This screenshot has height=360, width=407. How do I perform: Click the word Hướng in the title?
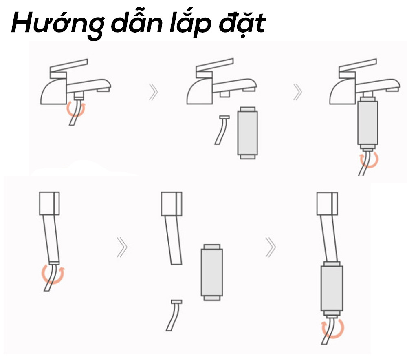click(57, 23)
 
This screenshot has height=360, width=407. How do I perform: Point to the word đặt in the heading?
click(242, 23)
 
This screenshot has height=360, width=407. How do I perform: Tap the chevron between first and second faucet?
click(154, 92)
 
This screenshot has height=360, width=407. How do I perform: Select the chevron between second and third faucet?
click(298, 92)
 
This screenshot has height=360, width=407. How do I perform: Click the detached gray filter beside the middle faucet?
click(248, 133)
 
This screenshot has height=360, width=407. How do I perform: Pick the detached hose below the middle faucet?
click(221, 130)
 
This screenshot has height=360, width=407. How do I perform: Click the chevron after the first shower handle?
click(122, 247)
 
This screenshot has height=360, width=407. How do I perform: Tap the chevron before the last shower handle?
click(271, 247)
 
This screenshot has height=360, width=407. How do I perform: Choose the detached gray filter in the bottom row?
click(212, 272)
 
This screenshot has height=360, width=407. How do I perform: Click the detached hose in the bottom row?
click(174, 316)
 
